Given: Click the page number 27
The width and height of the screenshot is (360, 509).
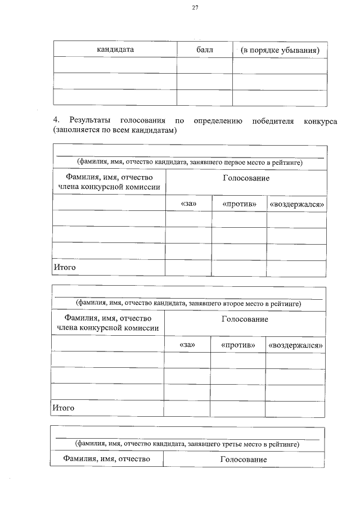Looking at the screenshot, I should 195,8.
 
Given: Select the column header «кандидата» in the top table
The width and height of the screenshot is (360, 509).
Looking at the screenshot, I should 115,49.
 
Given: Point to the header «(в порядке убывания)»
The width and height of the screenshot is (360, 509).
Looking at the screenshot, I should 280,50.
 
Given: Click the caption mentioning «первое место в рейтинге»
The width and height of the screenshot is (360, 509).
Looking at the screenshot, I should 190,163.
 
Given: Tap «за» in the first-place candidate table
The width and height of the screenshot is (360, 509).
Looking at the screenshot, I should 188,204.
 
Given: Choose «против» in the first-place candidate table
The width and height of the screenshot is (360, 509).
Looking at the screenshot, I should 239,204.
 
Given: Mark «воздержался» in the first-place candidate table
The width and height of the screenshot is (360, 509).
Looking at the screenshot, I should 297,204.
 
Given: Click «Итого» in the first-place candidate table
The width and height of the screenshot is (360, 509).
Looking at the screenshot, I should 64,268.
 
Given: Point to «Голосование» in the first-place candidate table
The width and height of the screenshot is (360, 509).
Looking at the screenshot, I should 246,178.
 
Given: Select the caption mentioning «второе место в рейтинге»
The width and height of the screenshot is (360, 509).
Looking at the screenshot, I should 189,304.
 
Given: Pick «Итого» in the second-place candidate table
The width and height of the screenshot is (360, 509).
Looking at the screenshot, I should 63,408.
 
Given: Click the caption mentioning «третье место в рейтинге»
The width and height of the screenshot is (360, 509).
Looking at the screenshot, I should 188,444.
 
